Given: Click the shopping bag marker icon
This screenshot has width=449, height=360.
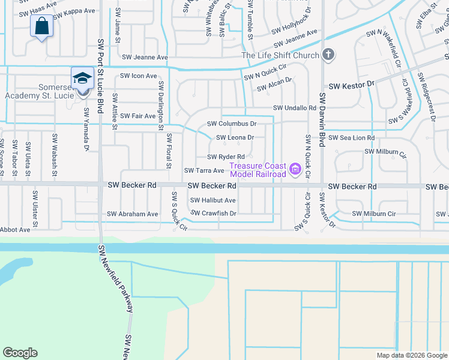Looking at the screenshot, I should (41, 27).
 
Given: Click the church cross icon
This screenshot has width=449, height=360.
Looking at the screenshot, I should (328, 56).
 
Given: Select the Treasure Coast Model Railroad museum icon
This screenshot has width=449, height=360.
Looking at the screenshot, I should (295, 170).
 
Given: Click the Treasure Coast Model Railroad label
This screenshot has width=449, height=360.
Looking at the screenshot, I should (258, 170).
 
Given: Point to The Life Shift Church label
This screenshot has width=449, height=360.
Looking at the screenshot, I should (280, 56).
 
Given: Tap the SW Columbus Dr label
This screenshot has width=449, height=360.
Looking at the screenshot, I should (232, 124).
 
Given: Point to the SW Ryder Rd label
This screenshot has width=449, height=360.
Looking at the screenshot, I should (226, 157).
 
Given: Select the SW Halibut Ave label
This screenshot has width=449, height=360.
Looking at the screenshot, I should (213, 200).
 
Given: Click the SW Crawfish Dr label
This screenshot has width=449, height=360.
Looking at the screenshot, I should (214, 213).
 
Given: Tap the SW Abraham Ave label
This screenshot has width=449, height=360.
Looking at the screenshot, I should (133, 214).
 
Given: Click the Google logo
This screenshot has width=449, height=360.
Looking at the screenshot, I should (20, 353).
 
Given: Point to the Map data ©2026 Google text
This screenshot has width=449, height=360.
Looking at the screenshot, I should (411, 355).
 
